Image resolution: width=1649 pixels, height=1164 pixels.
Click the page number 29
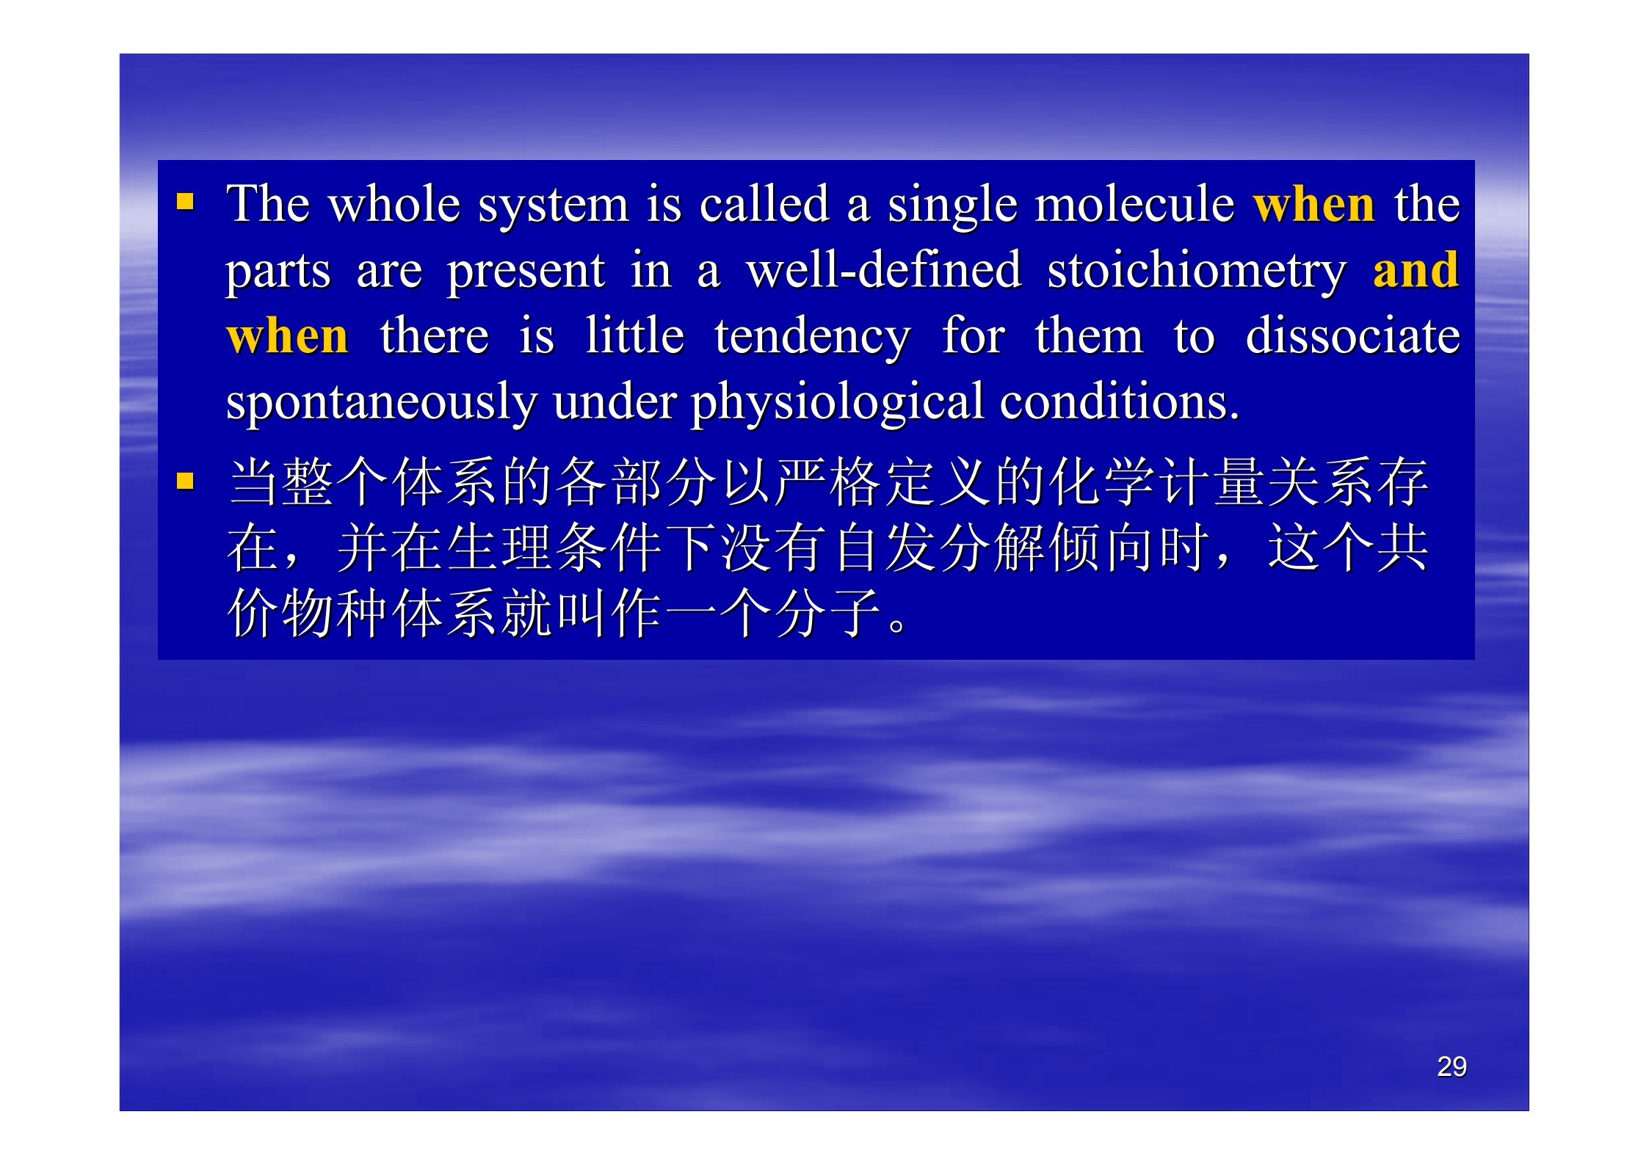point(1452,1066)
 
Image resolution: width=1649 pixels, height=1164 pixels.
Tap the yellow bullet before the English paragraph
point(185,201)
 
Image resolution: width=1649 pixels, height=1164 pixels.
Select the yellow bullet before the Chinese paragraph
point(185,481)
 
